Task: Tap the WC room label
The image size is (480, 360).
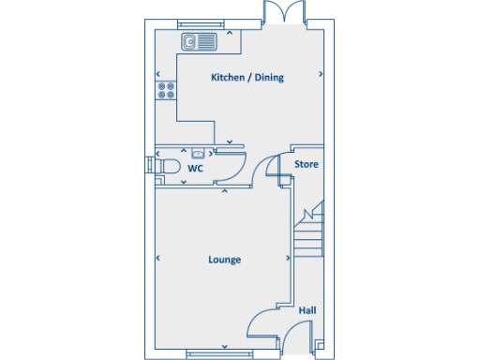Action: click(195, 169)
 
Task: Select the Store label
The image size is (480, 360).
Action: click(307, 164)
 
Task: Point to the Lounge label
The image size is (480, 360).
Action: click(224, 260)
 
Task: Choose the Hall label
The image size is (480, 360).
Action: click(307, 310)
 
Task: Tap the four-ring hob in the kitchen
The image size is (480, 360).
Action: click(167, 90)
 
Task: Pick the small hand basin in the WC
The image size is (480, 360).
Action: click(197, 153)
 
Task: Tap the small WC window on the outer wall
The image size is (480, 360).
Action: click(149, 167)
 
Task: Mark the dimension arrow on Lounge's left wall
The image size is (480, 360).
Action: click(158, 259)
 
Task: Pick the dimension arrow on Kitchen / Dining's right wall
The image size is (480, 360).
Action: click(322, 74)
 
